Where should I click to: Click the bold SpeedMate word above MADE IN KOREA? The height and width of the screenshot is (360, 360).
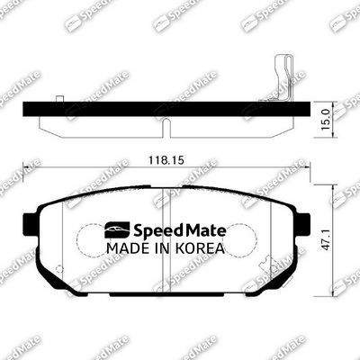pyautogui.click(x=178, y=229)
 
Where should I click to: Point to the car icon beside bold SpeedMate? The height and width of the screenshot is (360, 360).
pyautogui.click(x=117, y=229)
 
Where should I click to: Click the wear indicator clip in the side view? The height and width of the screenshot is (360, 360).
pyautogui.click(x=280, y=76)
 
